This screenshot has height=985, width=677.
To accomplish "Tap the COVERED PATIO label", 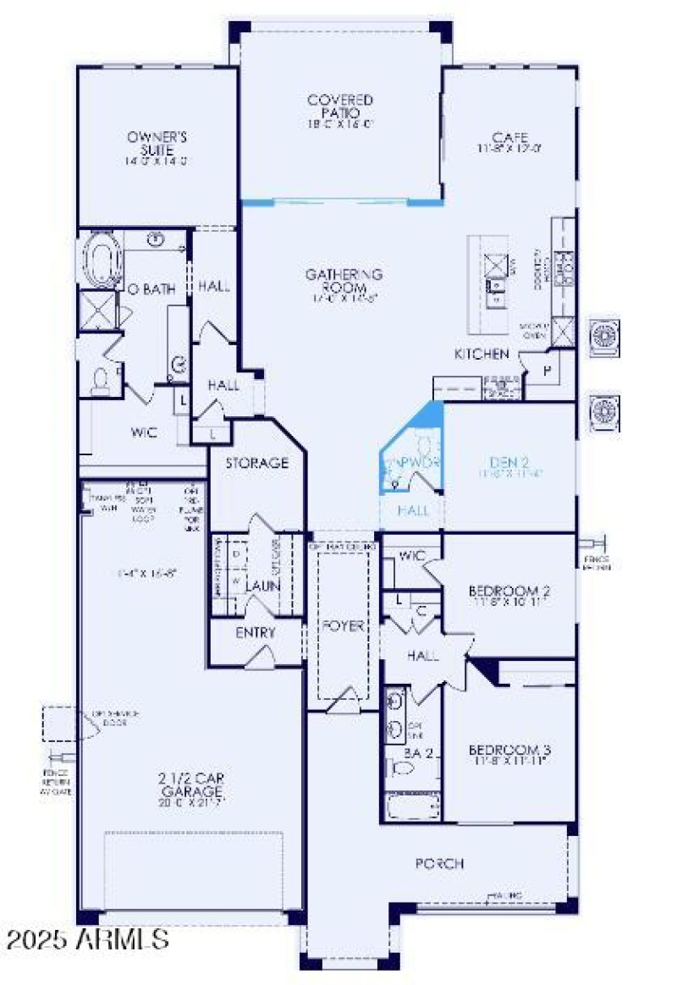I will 340,106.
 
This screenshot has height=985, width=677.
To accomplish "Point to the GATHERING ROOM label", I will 344,280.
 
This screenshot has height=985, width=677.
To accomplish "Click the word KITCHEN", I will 482,354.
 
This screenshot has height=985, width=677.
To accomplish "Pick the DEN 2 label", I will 509,462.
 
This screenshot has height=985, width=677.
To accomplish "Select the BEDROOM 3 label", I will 510,750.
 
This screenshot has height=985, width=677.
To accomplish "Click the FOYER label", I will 342,626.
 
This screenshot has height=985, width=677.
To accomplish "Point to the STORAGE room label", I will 256,463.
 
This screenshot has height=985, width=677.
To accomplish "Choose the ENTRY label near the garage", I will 255,633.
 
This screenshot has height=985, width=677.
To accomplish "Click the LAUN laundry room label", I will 262,586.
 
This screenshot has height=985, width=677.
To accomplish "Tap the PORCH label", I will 439,863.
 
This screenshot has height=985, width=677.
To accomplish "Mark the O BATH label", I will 151,289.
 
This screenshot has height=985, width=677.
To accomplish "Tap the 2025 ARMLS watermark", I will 85,938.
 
